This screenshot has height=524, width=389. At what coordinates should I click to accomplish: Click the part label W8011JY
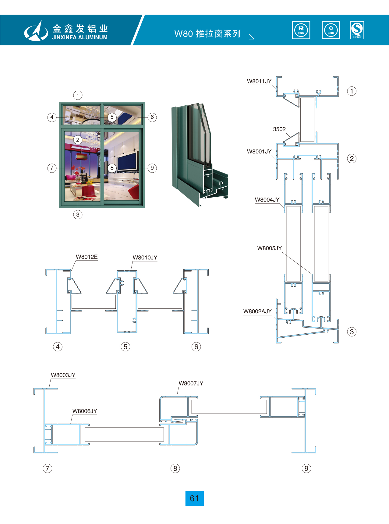coord(259,81)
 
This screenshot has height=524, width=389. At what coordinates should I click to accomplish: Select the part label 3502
coord(279,129)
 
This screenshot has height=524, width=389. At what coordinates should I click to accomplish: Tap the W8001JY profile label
coord(259,151)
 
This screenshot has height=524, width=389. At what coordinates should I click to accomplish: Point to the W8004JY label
coord(267,200)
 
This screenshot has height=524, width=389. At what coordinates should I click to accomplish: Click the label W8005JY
coord(269,248)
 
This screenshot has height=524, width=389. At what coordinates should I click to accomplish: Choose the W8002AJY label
coord(257,311)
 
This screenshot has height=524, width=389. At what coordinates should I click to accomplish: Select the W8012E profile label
coord(87,257)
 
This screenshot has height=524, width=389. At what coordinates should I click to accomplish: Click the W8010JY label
coord(145,258)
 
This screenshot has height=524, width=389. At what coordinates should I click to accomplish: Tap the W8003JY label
coord(63,375)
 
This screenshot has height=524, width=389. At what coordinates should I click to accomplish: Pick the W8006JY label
coord(85,411)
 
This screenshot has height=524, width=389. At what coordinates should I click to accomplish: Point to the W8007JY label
coord(191,383)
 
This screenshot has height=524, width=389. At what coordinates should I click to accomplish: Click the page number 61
coord(194,498)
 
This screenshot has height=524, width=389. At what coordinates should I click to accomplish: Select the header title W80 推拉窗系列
coord(207,33)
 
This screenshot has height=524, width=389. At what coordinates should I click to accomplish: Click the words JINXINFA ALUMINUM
coord(80,37)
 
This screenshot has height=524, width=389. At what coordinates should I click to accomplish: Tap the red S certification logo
coord(357,30)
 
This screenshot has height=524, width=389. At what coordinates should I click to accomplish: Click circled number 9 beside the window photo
coord(152,168)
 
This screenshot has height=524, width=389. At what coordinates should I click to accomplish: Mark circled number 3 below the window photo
coord(78,215)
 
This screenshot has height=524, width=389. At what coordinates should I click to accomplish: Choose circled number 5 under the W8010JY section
coord(125,346)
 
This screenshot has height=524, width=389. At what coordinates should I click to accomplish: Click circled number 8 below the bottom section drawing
coord(175,468)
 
